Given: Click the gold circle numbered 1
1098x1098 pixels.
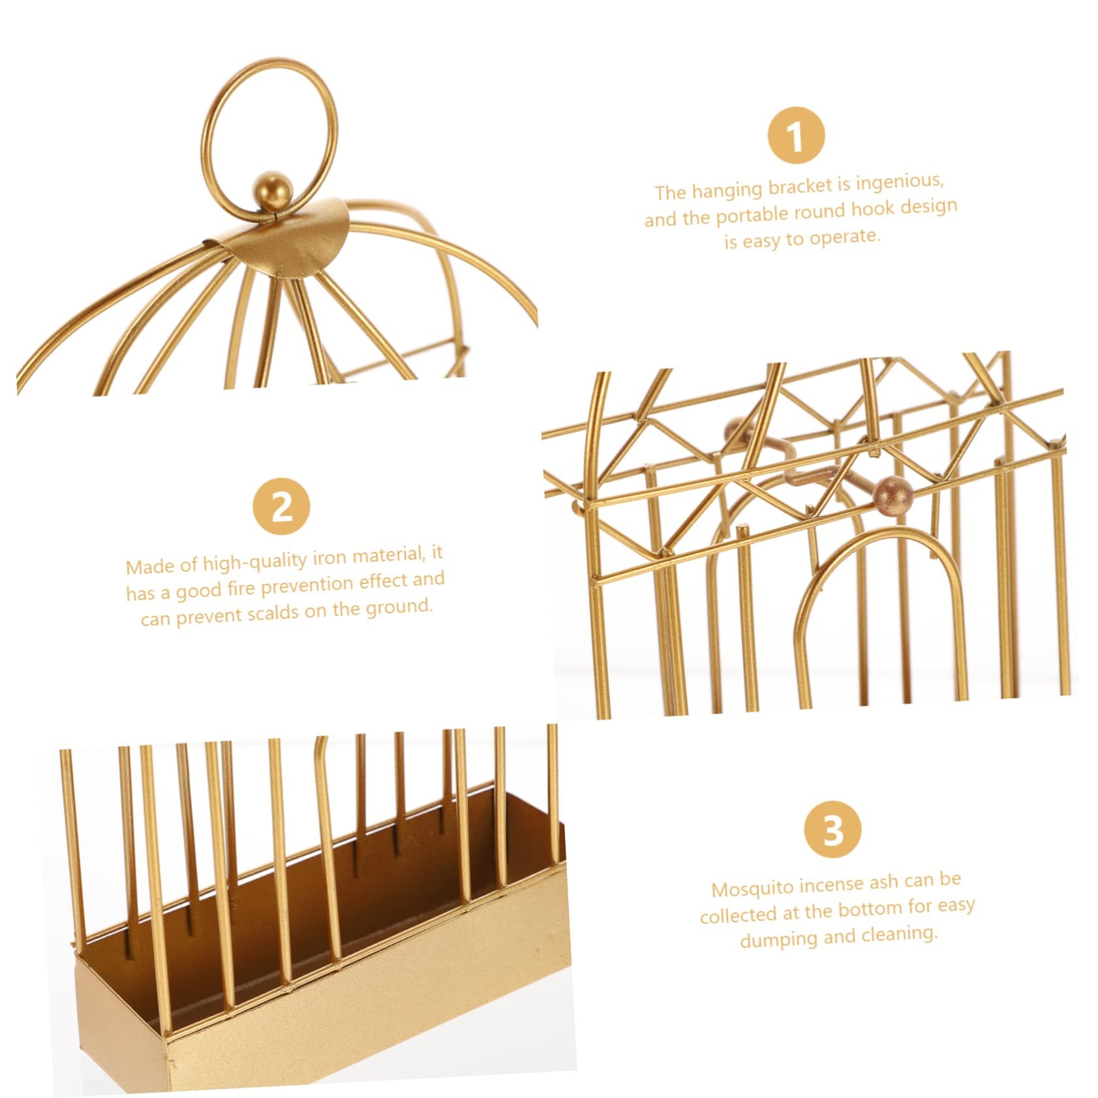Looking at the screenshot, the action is [x=795, y=135].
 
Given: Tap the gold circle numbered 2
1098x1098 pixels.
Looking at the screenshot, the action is [x=281, y=506].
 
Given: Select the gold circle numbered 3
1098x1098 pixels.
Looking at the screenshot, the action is [x=833, y=829].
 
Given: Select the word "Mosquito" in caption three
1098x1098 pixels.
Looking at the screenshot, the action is [x=752, y=889].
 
